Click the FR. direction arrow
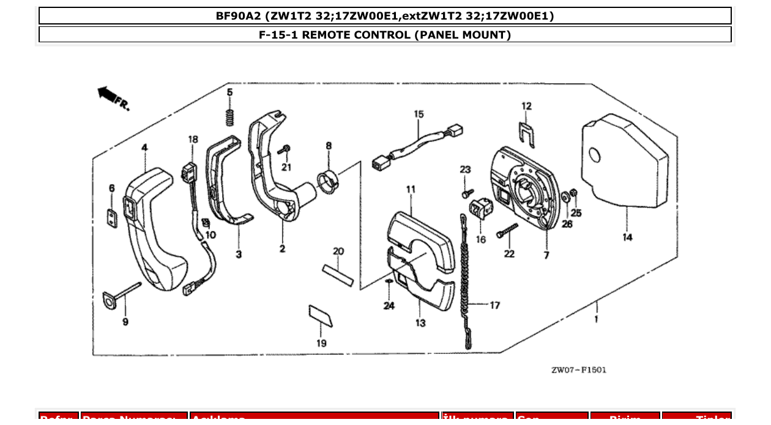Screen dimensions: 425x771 tap(109, 94)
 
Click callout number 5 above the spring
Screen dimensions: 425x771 tap(230, 92)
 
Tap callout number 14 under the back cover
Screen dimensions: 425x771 tap(627, 238)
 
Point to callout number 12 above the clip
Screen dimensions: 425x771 tap(527, 106)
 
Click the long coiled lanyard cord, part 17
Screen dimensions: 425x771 tap(466, 282)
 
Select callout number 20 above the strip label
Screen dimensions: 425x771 tap(338, 251)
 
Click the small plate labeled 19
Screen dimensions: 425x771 tap(321, 317)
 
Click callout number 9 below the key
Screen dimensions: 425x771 tap(125, 322)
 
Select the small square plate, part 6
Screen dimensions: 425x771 tap(112, 218)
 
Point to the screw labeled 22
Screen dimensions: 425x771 tap(507, 231)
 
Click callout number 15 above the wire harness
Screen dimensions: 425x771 tap(419, 114)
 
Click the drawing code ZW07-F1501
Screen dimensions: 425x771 tap(578, 370)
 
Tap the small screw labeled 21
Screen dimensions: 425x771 tap(285, 149)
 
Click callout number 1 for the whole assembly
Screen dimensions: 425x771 tap(596, 319)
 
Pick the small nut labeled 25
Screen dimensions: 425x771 tap(574, 195)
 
